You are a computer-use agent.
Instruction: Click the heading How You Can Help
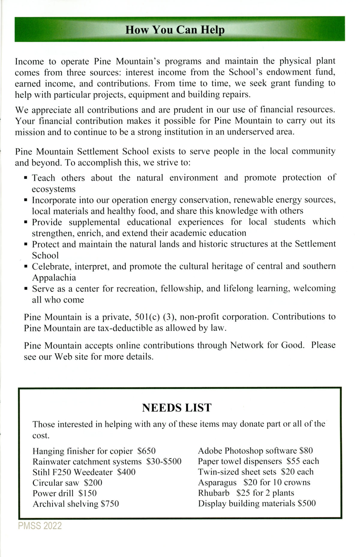[175, 30]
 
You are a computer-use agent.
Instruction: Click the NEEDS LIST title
[177, 408]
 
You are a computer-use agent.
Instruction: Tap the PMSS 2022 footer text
[40, 526]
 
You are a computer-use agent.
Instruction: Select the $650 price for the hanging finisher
[146, 451]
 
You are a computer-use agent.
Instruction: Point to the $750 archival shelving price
[110, 504]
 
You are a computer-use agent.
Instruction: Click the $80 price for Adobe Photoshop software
[306, 451]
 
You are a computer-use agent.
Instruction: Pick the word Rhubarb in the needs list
[214, 493]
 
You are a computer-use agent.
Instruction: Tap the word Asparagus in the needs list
[217, 482]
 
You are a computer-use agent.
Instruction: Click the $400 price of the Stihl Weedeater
[126, 472]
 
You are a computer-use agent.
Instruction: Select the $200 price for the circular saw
[93, 483]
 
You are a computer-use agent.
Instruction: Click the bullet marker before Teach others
[26, 178]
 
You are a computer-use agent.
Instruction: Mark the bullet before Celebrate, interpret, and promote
[26, 266]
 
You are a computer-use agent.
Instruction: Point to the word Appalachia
[54, 277]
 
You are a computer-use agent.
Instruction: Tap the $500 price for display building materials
[307, 503]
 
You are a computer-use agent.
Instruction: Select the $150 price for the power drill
[88, 493]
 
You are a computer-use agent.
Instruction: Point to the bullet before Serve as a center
[26, 289]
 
